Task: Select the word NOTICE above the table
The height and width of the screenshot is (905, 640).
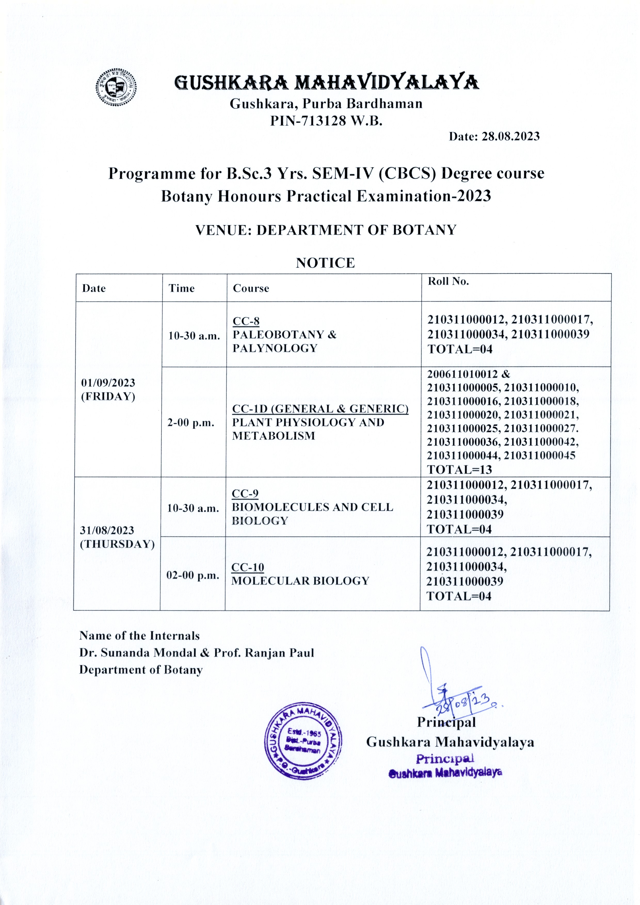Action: tap(325, 263)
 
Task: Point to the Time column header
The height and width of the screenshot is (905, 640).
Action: tap(181, 288)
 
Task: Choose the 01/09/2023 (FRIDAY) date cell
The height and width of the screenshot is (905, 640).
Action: tap(108, 390)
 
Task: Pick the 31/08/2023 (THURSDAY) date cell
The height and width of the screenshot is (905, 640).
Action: tap(117, 537)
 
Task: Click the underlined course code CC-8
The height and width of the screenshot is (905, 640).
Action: tap(246, 321)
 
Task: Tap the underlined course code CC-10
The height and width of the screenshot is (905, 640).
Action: tap(248, 567)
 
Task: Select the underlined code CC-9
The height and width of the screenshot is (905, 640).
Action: tap(245, 494)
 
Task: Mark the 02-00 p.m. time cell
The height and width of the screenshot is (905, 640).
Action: tap(193, 575)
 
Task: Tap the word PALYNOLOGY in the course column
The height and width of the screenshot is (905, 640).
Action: tap(275, 348)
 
